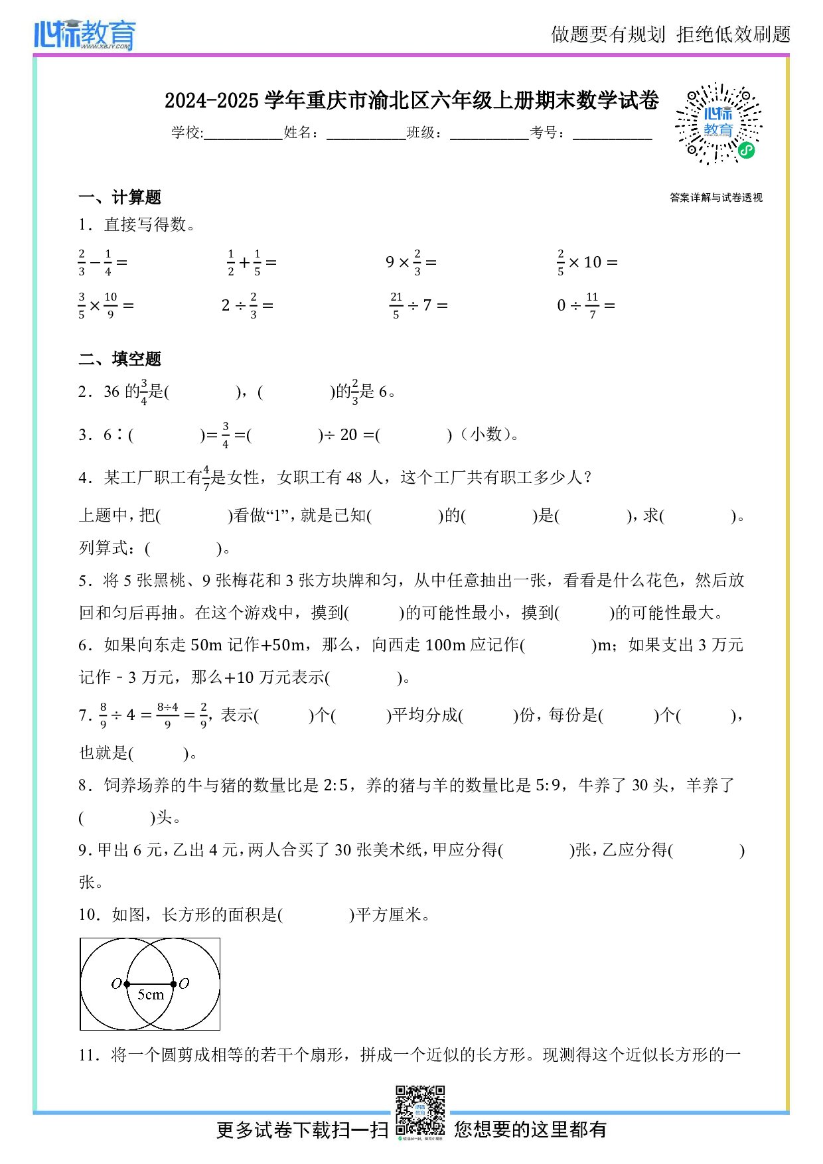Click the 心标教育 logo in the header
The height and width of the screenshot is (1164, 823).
point(85,35)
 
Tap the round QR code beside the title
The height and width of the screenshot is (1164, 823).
point(719,123)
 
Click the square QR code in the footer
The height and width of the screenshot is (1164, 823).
point(420,1111)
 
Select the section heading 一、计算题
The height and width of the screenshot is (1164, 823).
point(119,197)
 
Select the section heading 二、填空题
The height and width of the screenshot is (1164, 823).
point(119,359)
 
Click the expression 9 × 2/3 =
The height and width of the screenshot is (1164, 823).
point(411,263)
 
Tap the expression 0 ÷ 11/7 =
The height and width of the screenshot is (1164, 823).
point(586,305)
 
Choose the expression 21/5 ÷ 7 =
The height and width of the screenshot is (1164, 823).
point(418,305)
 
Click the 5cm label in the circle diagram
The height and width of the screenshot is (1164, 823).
point(151,995)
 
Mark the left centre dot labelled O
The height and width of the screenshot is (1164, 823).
point(127,984)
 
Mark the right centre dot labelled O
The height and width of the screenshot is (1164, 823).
point(173,984)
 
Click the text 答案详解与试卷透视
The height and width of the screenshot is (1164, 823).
point(716,198)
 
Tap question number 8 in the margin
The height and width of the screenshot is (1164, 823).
point(84,786)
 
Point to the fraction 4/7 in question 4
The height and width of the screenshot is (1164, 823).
point(206,478)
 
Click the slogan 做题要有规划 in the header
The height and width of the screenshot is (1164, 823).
point(608,35)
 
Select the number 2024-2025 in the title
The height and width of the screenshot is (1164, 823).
point(211,101)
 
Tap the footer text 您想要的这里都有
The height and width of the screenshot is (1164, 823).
point(530,1129)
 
